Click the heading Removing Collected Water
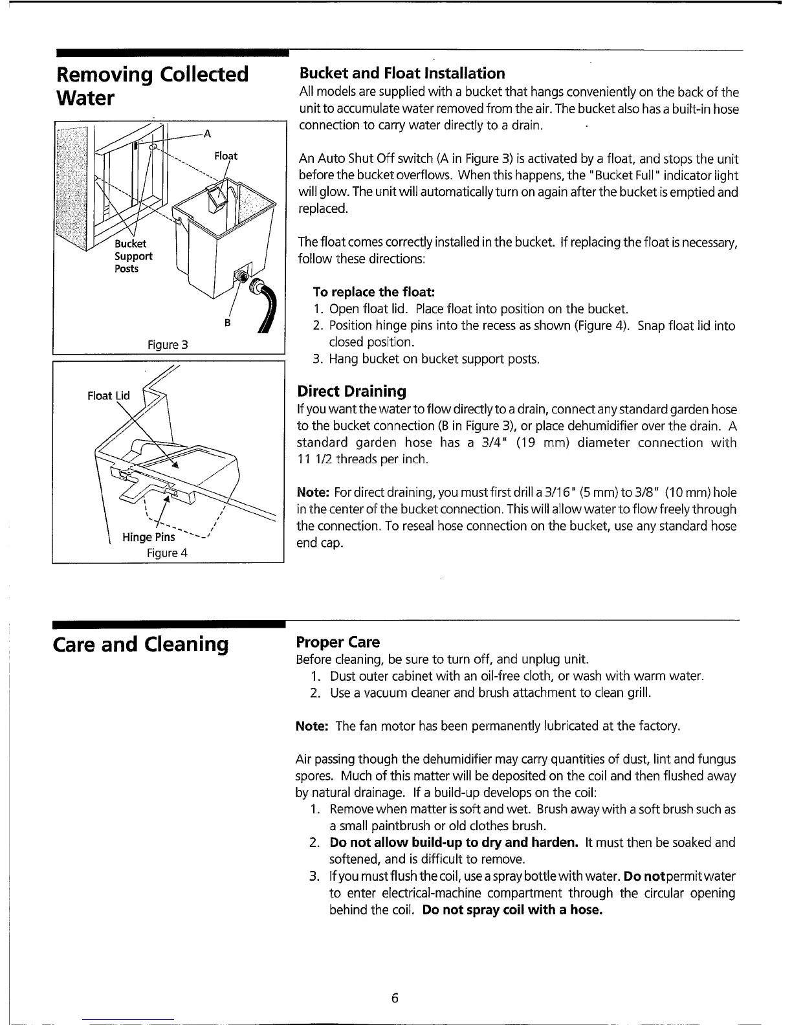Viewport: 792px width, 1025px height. pos(153,86)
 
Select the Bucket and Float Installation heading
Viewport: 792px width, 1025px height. pos(401,73)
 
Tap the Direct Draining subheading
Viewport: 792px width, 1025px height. pos(351,391)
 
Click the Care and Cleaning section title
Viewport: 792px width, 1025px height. pos(144,644)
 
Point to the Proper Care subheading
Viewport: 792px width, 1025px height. pos(338,643)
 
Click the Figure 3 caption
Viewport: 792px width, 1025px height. pos(167,344)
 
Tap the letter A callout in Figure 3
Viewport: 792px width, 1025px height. pos(207,135)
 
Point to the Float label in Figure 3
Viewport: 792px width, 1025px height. pos(226,156)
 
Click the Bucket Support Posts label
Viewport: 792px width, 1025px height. pos(133,256)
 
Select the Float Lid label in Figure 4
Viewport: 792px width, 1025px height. pos(108,395)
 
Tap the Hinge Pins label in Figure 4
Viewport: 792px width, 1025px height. pos(148,537)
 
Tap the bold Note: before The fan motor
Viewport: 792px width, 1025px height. pos(313,727)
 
